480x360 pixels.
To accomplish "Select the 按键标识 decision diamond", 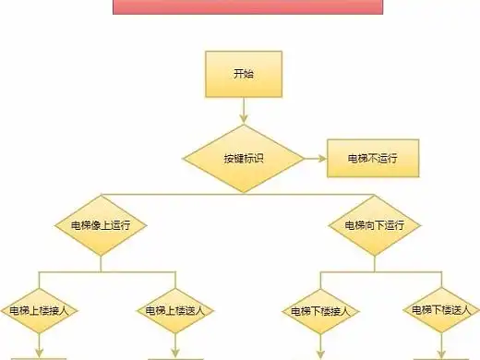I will tap(243, 158).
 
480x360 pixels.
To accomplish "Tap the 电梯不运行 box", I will tap(372, 158).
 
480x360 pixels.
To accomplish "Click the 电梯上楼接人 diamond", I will tap(41, 310).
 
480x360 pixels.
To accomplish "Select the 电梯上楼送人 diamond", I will tap(174, 310).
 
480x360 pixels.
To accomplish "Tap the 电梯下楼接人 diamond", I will tap(319, 310).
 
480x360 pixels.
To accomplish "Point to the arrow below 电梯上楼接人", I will tap(41, 348).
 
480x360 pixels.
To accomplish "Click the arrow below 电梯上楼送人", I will tap(174, 348).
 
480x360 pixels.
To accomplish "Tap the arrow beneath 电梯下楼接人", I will tap(319, 348).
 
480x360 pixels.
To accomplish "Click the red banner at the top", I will tap(243, 7).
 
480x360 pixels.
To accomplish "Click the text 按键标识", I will tap(243, 158).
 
